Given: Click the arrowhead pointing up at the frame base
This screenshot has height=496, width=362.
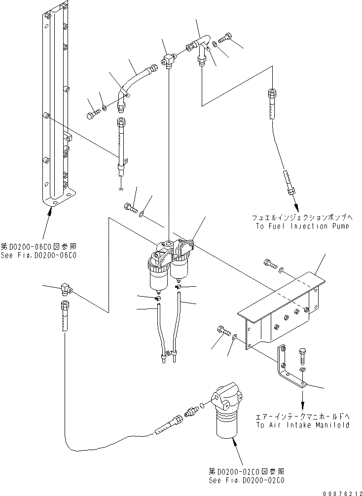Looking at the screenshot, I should pos(50,211).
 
